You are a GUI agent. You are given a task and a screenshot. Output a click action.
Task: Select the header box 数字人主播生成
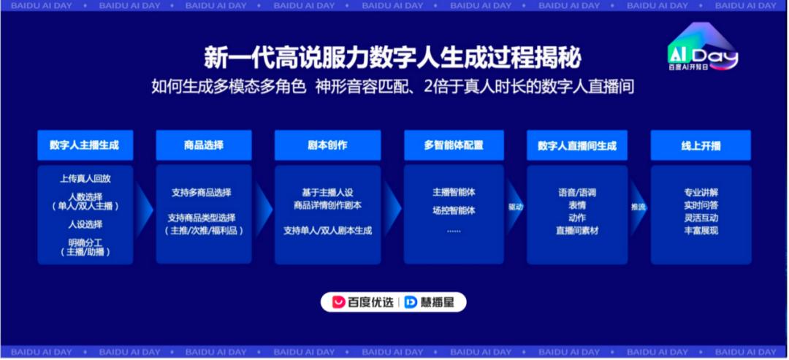pyautogui.click(x=85, y=145)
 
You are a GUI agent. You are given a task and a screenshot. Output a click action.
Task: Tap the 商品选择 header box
pyautogui.click(x=204, y=145)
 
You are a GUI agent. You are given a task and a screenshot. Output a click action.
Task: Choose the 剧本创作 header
pyautogui.click(x=327, y=145)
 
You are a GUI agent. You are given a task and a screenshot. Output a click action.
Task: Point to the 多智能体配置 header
pyautogui.click(x=454, y=145)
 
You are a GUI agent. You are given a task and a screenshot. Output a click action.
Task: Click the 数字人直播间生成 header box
pyautogui.click(x=577, y=145)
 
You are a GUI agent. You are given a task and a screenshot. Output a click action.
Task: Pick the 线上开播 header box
pyautogui.click(x=701, y=145)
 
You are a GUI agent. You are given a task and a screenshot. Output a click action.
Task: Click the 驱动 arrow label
pyautogui.click(x=516, y=207)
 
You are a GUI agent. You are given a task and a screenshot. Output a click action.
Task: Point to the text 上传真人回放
pyautogui.click(x=85, y=178)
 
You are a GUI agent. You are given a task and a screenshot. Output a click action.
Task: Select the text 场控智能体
pyautogui.click(x=454, y=211)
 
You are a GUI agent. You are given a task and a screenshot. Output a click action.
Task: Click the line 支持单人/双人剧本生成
pyautogui.click(x=327, y=231)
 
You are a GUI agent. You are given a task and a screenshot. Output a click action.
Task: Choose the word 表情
pyautogui.click(x=577, y=205)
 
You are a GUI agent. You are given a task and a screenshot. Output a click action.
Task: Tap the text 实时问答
pyautogui.click(x=701, y=205)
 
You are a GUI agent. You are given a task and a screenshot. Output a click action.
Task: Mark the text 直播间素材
pyautogui.click(x=577, y=231)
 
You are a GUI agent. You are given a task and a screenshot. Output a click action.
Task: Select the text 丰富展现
pyautogui.click(x=701, y=231)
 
